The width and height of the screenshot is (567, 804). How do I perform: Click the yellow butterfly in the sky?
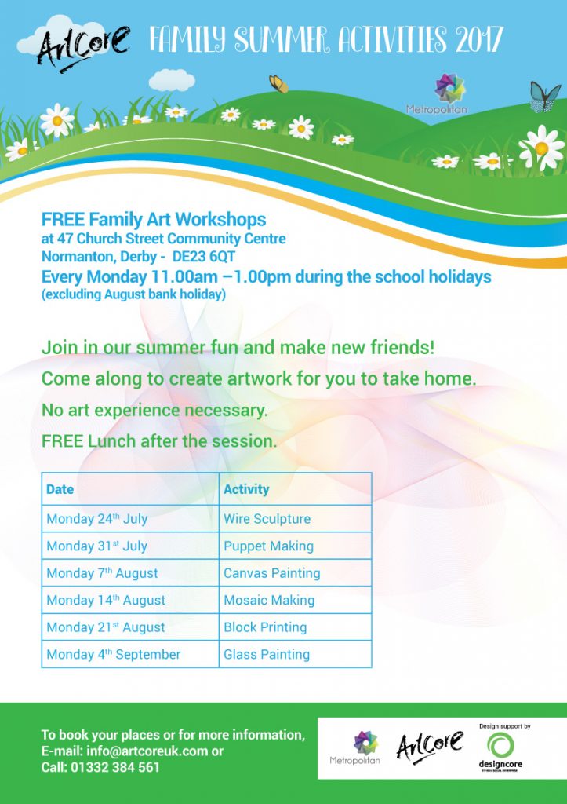point(278,83)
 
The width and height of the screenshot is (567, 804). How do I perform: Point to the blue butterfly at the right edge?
point(544,97)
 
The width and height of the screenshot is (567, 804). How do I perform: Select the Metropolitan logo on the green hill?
point(437,94)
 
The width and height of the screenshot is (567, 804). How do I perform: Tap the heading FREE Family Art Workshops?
point(154,220)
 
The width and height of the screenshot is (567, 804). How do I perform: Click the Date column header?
point(60,489)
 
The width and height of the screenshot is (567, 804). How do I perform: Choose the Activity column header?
point(245,489)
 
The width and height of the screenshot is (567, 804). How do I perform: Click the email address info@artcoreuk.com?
point(147,751)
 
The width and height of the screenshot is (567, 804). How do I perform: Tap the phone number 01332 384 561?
point(116,768)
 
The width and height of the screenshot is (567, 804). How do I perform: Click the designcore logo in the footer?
point(500,748)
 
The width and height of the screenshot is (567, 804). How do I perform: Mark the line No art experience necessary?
point(154,411)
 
